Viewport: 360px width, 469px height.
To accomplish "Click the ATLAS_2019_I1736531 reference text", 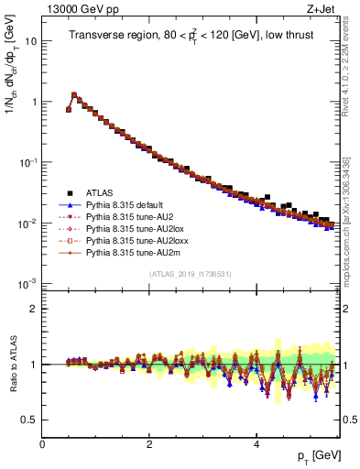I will point(189,274).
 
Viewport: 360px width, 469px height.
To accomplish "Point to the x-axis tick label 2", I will point(149,444).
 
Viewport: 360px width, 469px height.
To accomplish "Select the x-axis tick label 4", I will point(256,444).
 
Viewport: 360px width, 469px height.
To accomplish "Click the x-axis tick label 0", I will point(42,444).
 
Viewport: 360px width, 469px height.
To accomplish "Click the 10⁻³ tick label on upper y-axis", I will point(27,283).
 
